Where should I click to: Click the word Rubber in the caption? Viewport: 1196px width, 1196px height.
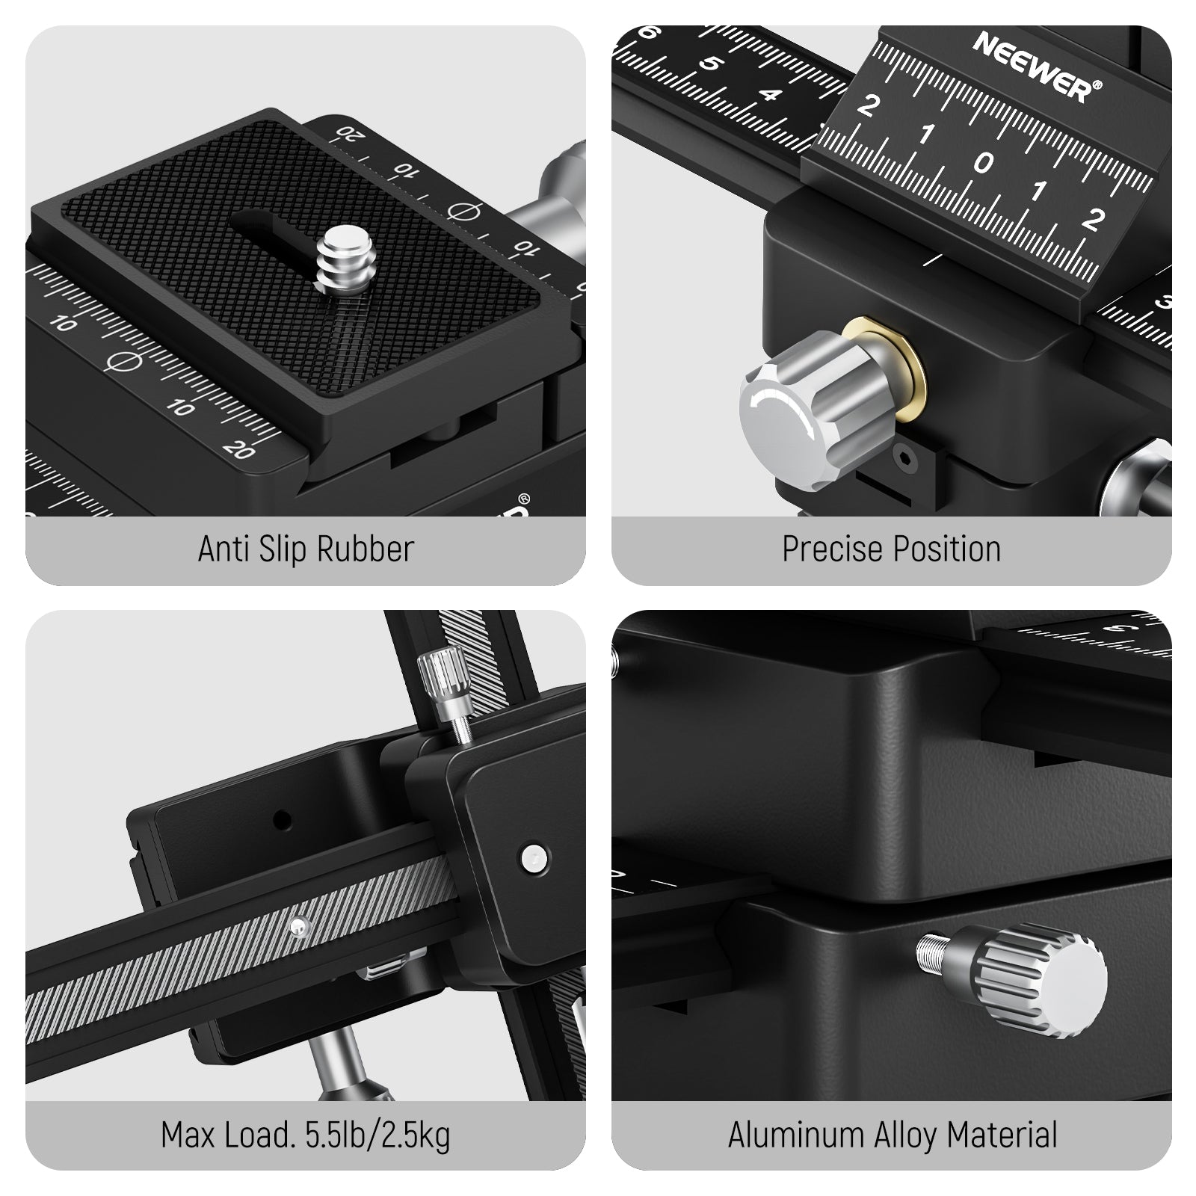[x=366, y=549]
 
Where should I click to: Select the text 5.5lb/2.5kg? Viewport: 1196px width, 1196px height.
[x=377, y=1135]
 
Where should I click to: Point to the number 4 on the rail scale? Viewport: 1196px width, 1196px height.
[x=771, y=95]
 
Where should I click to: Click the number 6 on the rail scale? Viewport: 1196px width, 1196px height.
[x=650, y=34]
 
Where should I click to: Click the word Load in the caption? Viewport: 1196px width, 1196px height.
[x=256, y=1135]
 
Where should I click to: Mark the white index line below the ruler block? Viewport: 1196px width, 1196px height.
[x=933, y=259]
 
